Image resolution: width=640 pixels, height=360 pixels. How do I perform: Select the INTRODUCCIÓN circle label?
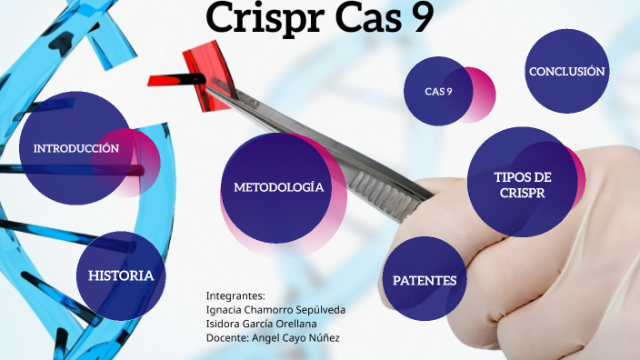76,148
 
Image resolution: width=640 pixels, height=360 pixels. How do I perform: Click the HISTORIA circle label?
121,275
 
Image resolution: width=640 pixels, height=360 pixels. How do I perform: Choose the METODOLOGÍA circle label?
278,187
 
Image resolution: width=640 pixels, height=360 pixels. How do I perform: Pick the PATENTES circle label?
425,281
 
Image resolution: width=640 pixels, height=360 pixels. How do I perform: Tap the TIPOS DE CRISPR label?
523,185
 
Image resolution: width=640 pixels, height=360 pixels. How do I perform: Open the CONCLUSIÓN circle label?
567,71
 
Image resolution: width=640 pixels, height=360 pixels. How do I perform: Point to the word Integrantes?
235,295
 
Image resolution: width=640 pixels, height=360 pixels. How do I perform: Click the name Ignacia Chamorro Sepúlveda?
275,310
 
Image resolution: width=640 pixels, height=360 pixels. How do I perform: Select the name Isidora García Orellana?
264,324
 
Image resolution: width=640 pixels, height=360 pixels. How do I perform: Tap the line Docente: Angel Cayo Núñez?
273,338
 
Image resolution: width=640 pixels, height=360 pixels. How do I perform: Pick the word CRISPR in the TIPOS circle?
523,193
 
